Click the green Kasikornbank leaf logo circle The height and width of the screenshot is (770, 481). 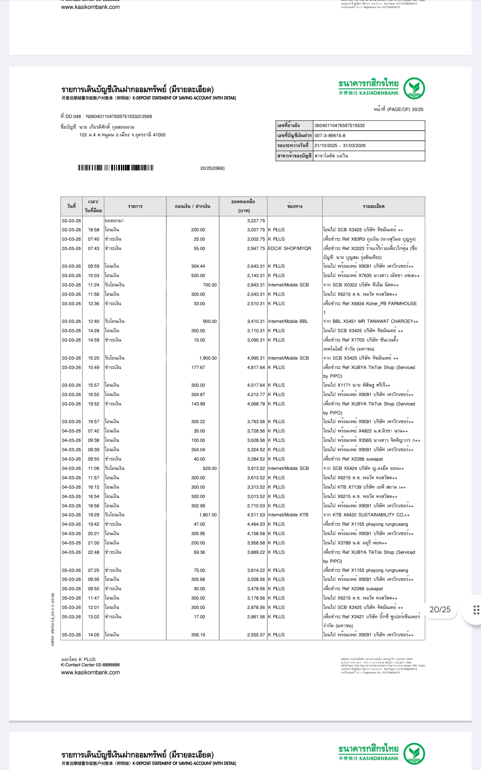(x=414, y=88)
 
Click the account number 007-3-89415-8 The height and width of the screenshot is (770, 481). (x=330, y=136)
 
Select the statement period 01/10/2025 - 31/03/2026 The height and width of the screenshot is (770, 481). (x=340, y=146)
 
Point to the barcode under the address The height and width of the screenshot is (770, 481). (x=116, y=168)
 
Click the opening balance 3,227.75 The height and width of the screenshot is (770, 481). (x=256, y=221)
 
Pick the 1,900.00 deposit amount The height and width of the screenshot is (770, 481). (x=208, y=358)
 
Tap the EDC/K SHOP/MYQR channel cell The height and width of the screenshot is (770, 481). (x=289, y=249)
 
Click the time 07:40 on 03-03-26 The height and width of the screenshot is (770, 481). (x=94, y=239)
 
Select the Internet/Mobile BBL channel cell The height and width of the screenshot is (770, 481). (x=288, y=322)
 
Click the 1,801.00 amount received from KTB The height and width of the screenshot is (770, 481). (x=208, y=515)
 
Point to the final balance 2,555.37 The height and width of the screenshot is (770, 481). (x=256, y=635)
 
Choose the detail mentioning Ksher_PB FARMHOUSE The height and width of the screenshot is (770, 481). (x=370, y=304)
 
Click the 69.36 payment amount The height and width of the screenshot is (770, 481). (x=199, y=552)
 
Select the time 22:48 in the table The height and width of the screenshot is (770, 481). (x=94, y=552)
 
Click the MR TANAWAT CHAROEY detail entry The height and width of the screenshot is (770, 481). (x=370, y=322)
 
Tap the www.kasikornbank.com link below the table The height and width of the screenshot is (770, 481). (x=90, y=672)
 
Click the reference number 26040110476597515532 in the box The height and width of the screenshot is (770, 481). (x=339, y=126)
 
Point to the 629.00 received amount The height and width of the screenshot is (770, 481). (x=209, y=469)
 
